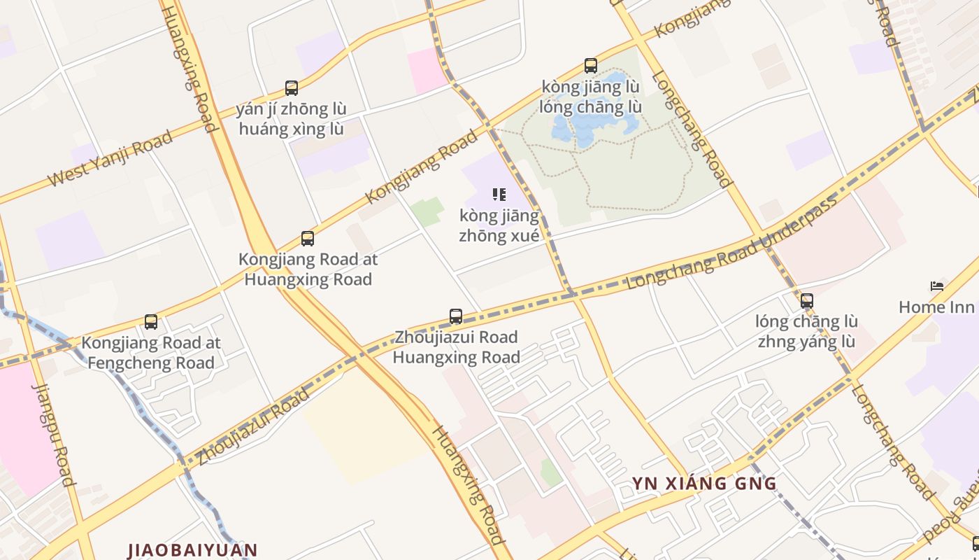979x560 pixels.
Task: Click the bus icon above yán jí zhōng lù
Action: coord(292,88)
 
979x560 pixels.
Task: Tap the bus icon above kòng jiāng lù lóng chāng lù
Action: coord(591,66)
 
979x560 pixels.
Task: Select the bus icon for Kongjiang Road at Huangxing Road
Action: coord(308,239)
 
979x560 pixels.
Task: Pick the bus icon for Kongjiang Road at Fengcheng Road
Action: coord(151,322)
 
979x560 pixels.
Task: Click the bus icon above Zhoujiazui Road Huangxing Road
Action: coord(456,316)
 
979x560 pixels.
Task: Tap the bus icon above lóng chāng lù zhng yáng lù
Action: coord(806,301)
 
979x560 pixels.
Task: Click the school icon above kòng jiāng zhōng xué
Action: coord(499,195)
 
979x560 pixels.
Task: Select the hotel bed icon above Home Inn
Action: coord(937,286)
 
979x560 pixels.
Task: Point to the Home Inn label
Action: coord(936,307)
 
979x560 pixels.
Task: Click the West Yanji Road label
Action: coord(110,159)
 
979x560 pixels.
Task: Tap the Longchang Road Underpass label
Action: coord(733,244)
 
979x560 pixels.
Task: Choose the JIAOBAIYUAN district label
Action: coord(193,549)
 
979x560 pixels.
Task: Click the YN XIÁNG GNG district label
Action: coord(704,483)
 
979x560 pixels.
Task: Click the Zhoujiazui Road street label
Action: coord(252,427)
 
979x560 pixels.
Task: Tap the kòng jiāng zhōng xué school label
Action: coord(499,225)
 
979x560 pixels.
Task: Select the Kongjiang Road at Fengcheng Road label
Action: coord(151,353)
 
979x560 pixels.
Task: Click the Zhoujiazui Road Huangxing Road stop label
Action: coord(456,347)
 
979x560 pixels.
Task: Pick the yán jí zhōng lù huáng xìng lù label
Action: coord(292,119)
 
